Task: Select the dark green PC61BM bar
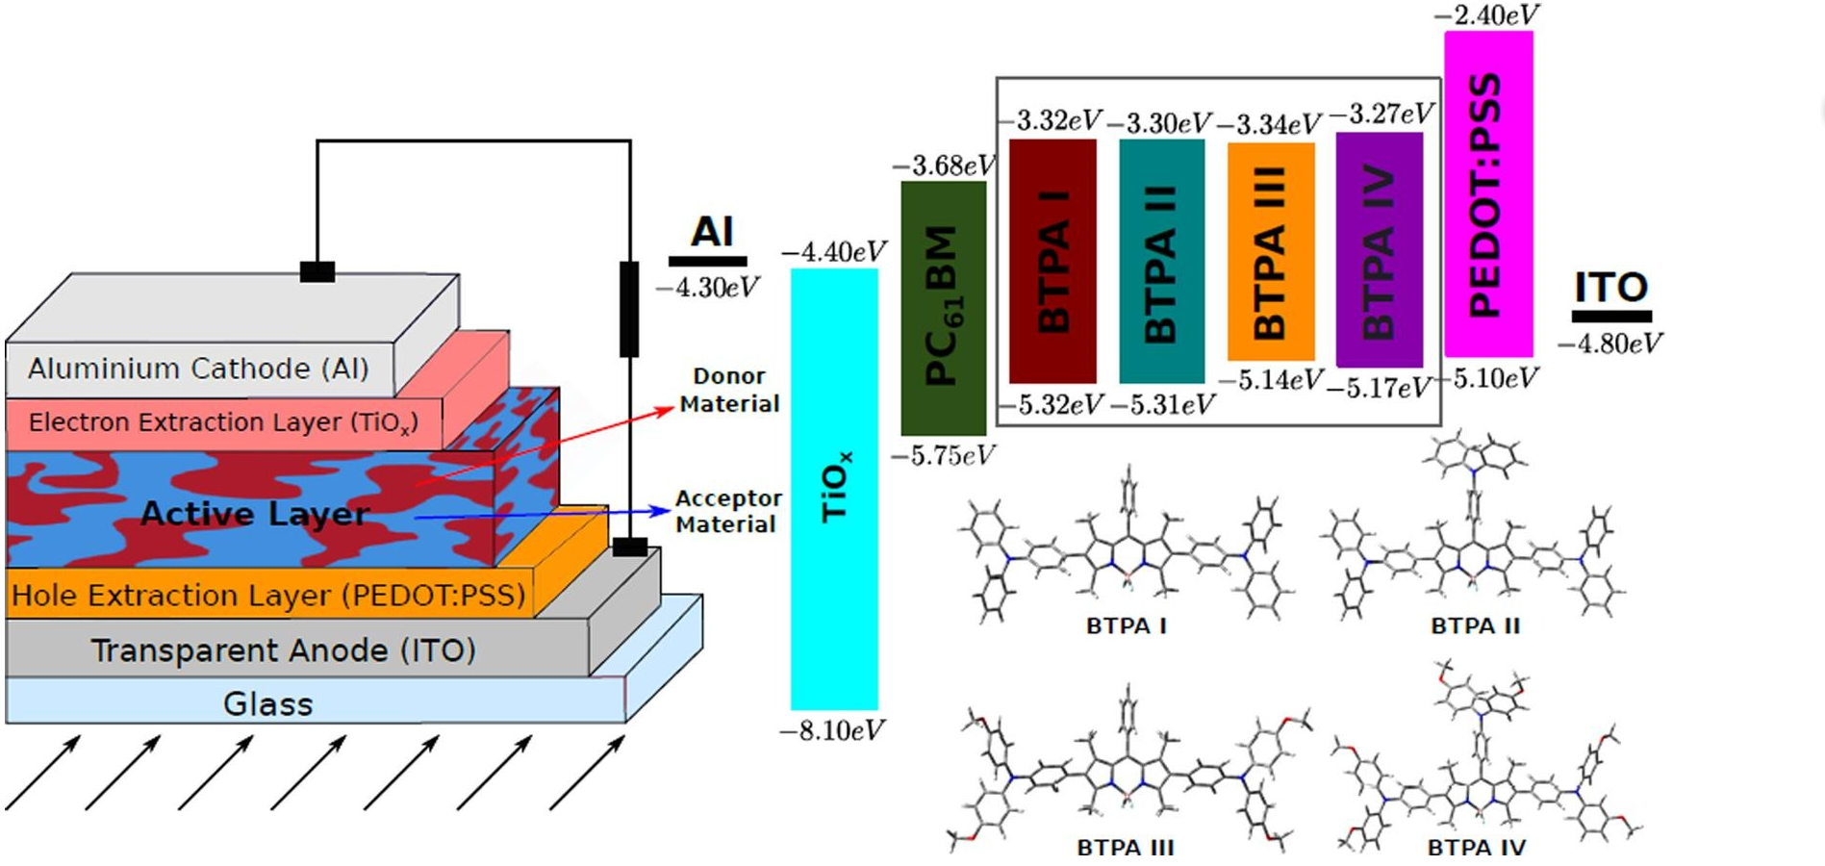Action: [x=943, y=308]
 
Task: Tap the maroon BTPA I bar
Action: [x=1052, y=261]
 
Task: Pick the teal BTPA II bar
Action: [x=1161, y=261]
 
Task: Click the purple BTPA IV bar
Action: [x=1379, y=250]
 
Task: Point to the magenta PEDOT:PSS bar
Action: [x=1487, y=193]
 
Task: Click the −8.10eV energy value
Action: [x=832, y=731]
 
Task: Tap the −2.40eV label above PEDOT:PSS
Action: [x=1487, y=14]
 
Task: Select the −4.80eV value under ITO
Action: [x=1610, y=344]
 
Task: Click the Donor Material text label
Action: [x=729, y=390]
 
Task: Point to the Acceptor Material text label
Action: [x=727, y=511]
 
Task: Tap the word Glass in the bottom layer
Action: [x=267, y=704]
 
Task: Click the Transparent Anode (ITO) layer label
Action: [x=283, y=650]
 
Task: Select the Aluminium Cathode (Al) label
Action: [x=198, y=369]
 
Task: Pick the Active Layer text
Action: [x=255, y=514]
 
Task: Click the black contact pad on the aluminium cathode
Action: [x=317, y=272]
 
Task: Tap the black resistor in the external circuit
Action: [x=629, y=308]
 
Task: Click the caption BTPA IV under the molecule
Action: [x=1476, y=848]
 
